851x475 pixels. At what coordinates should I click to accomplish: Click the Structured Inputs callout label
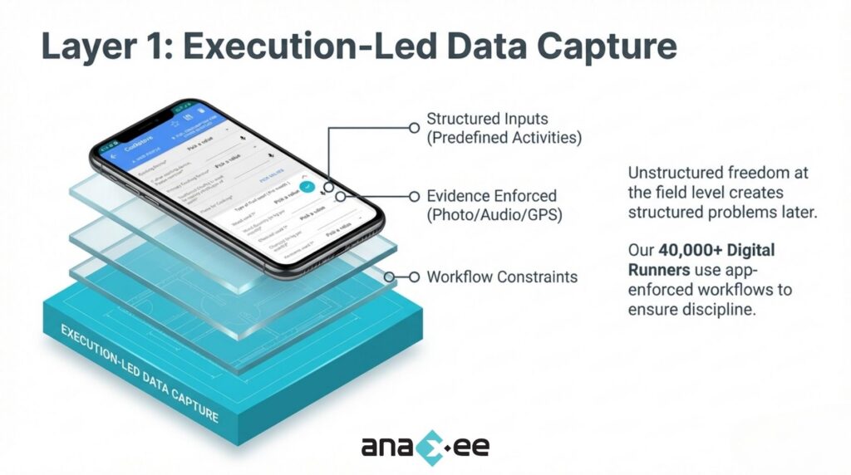487,119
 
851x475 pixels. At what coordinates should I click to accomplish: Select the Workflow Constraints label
501,277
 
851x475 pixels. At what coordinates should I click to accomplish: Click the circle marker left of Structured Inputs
414,127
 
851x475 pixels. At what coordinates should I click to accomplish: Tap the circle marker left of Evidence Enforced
414,197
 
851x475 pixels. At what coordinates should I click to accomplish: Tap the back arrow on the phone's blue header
114,154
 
